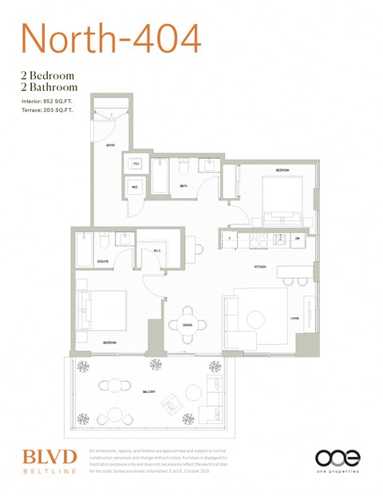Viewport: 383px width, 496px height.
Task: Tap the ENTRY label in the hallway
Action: point(111,145)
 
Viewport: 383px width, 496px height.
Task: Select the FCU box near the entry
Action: point(136,164)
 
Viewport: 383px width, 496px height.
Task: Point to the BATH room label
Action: point(183,185)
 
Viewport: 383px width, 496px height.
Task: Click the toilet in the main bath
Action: point(184,166)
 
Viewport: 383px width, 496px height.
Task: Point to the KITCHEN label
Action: point(260,266)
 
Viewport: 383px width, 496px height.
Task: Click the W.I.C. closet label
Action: point(157,251)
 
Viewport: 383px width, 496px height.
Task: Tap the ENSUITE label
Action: point(102,261)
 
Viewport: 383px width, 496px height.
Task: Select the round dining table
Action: point(188,318)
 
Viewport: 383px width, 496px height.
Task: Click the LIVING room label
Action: point(305,319)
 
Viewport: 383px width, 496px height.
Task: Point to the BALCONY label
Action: point(149,391)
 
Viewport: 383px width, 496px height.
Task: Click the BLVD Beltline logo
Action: point(49,461)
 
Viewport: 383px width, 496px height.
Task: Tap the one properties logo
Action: point(338,461)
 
